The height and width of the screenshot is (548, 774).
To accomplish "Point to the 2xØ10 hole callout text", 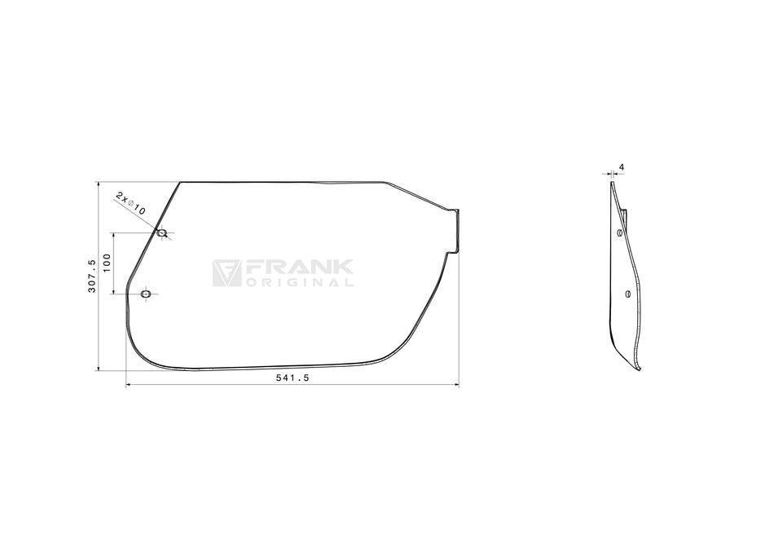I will click(130, 203).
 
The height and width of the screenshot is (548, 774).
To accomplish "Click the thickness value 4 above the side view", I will click(622, 167).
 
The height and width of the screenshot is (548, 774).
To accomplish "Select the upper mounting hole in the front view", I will click(161, 233).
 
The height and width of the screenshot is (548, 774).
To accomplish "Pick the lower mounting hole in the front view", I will click(146, 294).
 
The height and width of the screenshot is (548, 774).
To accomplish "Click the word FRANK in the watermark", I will click(298, 267).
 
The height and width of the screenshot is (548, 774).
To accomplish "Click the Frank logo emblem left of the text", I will click(226, 273).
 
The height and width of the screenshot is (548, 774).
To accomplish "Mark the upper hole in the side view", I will click(620, 233).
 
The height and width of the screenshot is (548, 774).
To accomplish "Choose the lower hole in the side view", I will click(627, 294).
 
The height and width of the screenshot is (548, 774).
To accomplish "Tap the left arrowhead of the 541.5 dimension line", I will click(129, 385).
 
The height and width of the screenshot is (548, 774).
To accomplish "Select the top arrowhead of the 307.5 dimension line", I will click(98, 184).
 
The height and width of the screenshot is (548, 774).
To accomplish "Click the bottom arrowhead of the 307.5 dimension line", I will click(98, 368).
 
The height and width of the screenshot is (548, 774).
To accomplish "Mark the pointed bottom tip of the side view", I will click(639, 369).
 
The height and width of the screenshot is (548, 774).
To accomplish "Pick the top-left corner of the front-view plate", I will click(180, 183).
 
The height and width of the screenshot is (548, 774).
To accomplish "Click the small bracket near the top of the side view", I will click(625, 217).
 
